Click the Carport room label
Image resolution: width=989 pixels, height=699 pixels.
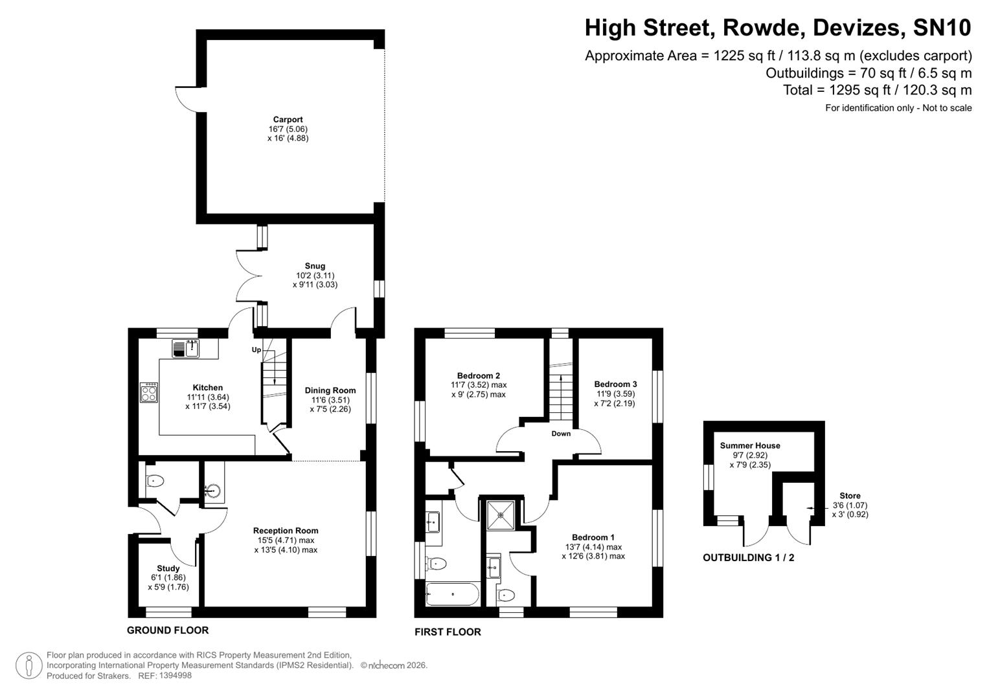[x=288, y=120]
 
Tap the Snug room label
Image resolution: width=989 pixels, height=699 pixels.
[x=315, y=266]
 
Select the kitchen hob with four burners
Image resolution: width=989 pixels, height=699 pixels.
[x=149, y=393]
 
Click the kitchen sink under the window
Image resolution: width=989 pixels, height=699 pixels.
[x=187, y=348]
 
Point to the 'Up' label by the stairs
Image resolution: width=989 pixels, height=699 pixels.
[x=256, y=350]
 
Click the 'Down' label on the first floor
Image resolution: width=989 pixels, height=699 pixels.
[x=561, y=434]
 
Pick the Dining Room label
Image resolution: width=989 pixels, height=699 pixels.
[x=330, y=390]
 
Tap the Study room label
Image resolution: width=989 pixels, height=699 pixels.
[x=168, y=568]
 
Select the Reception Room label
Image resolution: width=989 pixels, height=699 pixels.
[x=286, y=531]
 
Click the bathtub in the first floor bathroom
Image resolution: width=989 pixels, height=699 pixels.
[x=452, y=594]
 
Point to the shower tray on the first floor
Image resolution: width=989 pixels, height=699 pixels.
[x=501, y=515]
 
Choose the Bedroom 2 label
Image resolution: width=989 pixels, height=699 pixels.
[x=479, y=376]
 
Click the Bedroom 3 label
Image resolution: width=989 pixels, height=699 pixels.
[x=615, y=384]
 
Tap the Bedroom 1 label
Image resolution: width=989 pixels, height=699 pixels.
[x=593, y=537]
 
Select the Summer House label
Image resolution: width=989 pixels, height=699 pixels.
[x=750, y=445]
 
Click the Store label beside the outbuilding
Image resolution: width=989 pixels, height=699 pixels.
[x=850, y=496]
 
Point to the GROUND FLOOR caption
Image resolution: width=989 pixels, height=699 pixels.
[x=168, y=630]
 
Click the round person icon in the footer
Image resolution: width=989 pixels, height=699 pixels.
[x=28, y=666]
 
